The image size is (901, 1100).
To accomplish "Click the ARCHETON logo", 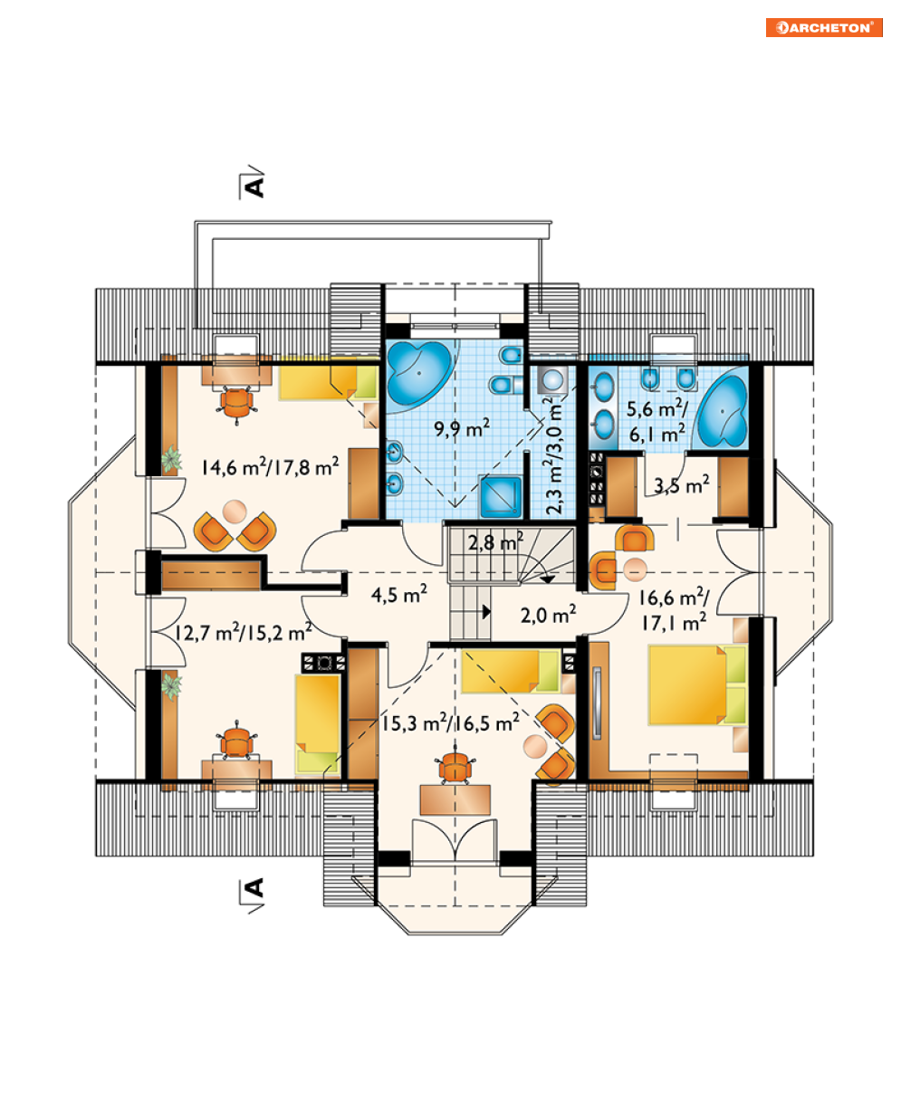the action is (824, 28).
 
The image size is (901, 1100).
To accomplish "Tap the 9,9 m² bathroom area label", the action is (462, 428).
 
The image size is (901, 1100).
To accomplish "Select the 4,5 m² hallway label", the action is (399, 594).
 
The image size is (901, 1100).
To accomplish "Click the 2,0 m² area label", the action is (549, 615).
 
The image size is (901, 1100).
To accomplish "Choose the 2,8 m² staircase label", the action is (495, 542).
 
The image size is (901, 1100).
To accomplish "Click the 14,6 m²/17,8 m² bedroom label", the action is (270, 466).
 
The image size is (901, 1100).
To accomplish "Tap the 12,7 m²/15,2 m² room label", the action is (243, 632).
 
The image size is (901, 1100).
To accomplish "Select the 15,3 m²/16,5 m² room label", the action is (451, 722).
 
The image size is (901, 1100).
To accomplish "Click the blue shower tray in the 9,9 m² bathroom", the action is (501, 496).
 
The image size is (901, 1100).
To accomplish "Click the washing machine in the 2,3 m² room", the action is (552, 380).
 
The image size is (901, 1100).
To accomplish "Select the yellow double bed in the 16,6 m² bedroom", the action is (697, 684).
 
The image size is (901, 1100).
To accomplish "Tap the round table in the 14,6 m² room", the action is (235, 512).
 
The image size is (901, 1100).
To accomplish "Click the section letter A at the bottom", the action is (254, 887).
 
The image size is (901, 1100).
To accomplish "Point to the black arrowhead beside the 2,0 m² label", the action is (487, 612).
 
